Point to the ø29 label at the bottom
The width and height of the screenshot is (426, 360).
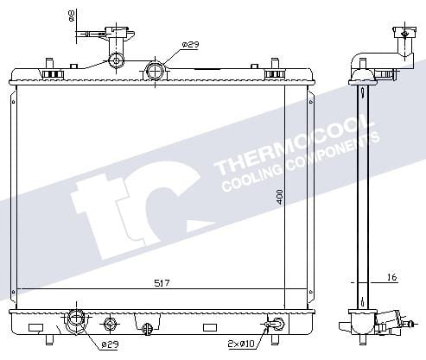click(x=109, y=344)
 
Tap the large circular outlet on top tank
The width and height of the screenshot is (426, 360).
click(x=155, y=71)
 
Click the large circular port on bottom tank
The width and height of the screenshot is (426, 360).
click(x=77, y=322)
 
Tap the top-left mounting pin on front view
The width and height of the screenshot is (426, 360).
click(x=49, y=66)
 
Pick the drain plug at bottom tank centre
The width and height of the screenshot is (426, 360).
click(x=148, y=327)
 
